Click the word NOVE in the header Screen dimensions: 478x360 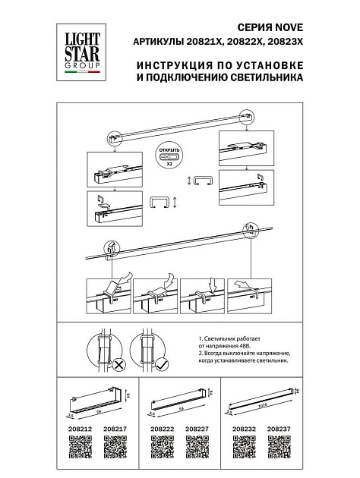[x=182, y=24]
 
